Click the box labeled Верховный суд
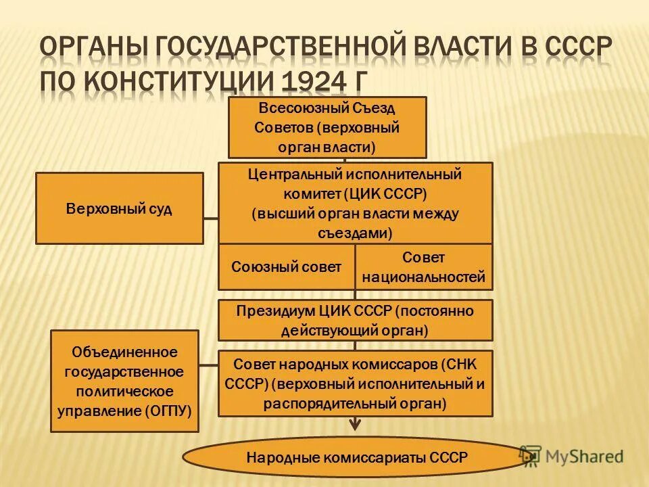coord(119,208)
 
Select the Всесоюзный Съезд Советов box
coord(327,127)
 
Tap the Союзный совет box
coord(286,266)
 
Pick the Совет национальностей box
coord(424,266)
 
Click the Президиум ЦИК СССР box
coord(355,320)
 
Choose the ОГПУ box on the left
coord(124,381)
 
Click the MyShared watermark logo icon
coord(531,457)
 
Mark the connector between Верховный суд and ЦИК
coord(210,218)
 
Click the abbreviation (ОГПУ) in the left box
coord(168,410)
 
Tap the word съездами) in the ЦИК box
coord(355,232)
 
